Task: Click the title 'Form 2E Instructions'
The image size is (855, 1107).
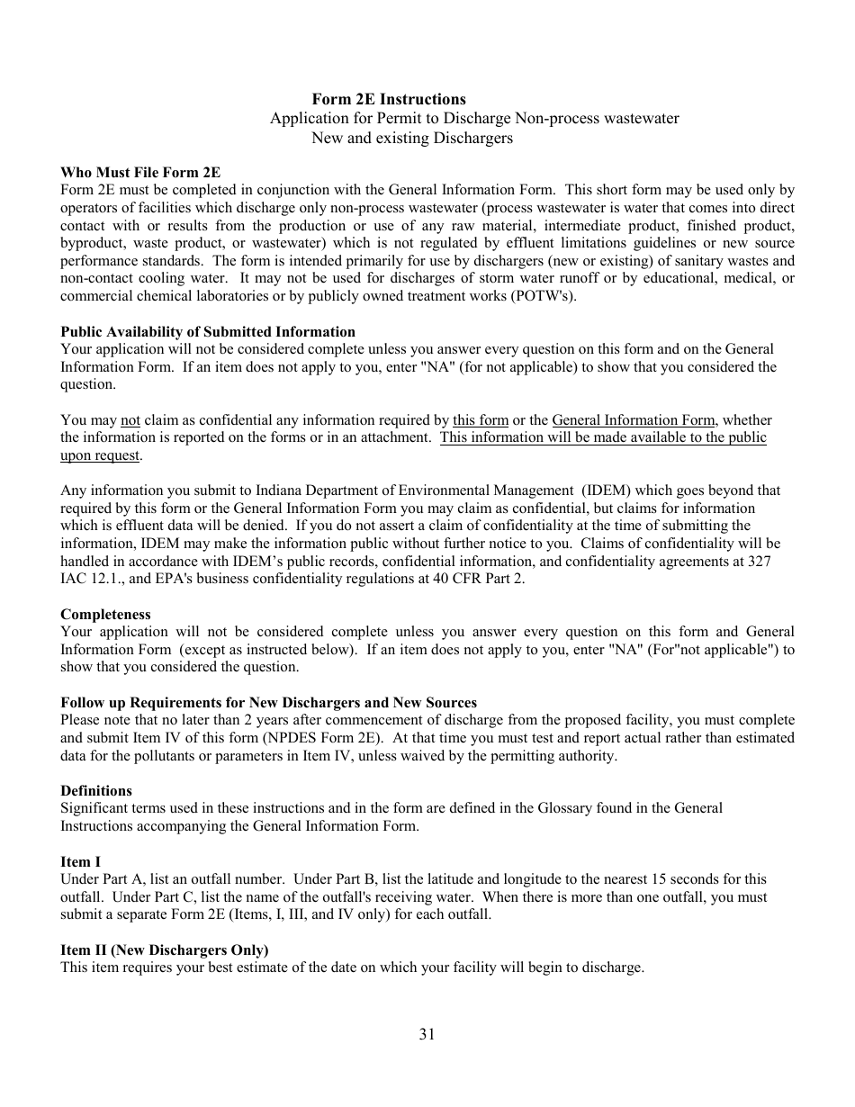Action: pos(389,100)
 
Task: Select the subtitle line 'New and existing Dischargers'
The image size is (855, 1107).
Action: pos(412,139)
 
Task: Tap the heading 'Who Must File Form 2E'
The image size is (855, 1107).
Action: pos(140,173)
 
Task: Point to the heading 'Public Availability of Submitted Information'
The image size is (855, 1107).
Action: pos(208,332)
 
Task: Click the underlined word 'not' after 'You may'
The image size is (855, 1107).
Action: pos(130,420)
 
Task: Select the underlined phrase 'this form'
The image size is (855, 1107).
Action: pos(481,420)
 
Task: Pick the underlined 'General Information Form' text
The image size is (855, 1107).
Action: pos(634,420)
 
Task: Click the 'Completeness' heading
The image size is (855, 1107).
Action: pos(105,615)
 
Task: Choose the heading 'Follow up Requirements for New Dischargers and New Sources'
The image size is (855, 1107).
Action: pos(268,703)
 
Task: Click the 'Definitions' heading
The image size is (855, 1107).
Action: pos(96,791)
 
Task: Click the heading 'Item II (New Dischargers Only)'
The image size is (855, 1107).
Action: pos(165,950)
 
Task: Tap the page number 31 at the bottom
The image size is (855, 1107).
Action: pos(427,1034)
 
